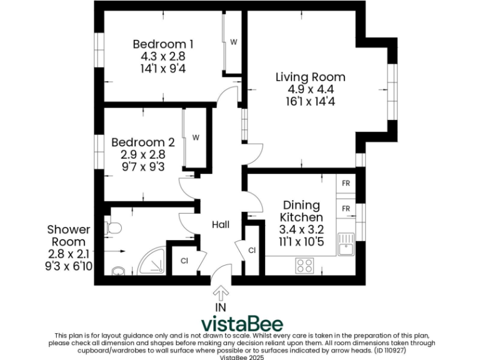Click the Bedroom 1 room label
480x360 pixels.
tap(163, 44)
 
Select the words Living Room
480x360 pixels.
tap(311, 77)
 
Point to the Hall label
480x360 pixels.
tap(220, 225)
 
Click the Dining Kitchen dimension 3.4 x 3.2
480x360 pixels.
tap(302, 229)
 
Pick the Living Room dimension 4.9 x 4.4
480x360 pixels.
tap(311, 89)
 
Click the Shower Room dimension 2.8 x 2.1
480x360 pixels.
tap(69, 254)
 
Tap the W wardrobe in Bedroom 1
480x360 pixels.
tap(233, 42)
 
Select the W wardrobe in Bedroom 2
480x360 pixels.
tap(196, 137)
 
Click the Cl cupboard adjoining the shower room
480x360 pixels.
tap(184, 261)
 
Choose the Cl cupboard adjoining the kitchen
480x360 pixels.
tap(252, 251)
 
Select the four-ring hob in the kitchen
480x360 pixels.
tap(304, 266)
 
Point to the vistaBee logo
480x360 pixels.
tap(242, 324)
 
